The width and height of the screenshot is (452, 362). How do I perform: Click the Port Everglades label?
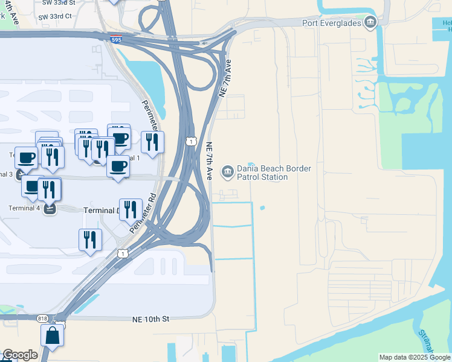331,23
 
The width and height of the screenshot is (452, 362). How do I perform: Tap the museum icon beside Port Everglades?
370,24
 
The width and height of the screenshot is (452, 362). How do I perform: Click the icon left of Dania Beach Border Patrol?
227,173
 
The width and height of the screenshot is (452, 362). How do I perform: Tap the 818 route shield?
42,319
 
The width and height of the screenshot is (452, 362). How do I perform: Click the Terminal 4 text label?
24,208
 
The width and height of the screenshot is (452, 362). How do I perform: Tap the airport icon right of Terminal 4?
50,209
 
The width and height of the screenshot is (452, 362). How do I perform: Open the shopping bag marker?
53,335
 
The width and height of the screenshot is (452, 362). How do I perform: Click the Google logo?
20,355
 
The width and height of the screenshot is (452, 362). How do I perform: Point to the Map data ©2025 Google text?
414,357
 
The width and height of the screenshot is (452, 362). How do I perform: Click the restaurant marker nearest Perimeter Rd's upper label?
152,142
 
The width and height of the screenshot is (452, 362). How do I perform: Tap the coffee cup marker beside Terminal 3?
26,157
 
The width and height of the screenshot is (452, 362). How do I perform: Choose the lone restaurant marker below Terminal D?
90,240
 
